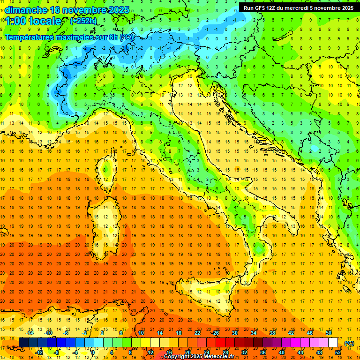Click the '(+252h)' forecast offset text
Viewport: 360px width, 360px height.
click(x=83, y=21)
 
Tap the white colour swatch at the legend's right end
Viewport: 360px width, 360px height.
click(x=333, y=343)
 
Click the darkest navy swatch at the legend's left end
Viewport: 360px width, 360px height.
click(x=23, y=343)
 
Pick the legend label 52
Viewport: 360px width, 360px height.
click(x=338, y=352)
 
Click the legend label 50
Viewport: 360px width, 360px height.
click(x=328, y=333)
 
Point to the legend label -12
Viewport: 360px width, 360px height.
click(x=39, y=352)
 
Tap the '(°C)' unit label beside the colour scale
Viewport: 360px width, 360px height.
click(x=349, y=343)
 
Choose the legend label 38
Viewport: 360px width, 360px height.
click(x=272, y=333)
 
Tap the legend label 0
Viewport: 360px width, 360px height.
click(x=93, y=352)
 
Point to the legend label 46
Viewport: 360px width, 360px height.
click(x=309, y=333)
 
